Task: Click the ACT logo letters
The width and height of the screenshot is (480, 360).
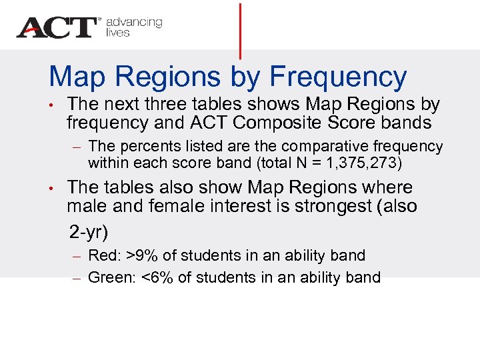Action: [57, 27]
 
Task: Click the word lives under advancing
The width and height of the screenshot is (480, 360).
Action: [118, 33]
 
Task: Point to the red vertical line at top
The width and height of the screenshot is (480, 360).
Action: [239, 30]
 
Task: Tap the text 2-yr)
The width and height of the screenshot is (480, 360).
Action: [89, 232]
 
